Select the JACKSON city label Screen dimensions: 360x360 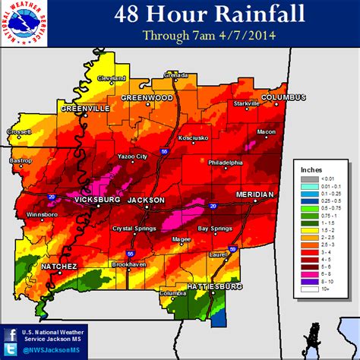point(146,200)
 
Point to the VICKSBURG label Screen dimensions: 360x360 point(97,200)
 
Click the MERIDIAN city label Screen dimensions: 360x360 point(254,194)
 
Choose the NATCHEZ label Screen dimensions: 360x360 point(59,267)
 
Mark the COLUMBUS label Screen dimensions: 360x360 point(283,97)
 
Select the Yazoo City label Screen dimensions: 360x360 point(130,157)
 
